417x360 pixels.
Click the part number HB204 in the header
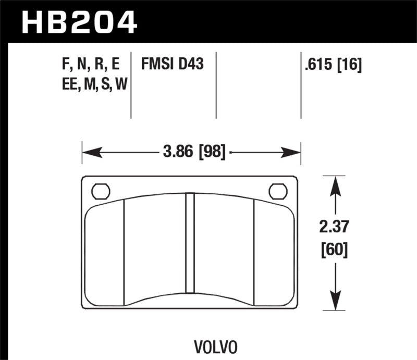coord(78,21)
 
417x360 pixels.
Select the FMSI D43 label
coord(171,65)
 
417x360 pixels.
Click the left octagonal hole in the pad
coord(101,191)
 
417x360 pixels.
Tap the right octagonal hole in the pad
coord(278,191)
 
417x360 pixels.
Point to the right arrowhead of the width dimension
coord(293,152)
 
